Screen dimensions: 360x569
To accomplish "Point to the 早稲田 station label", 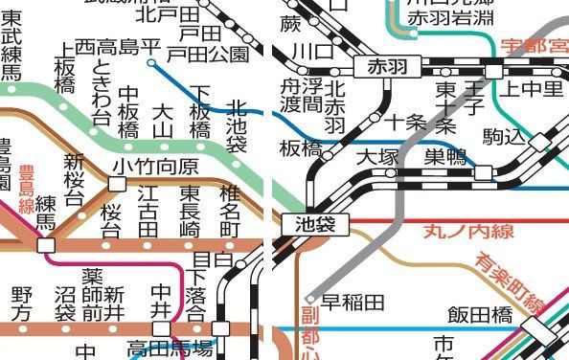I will pos(353,303).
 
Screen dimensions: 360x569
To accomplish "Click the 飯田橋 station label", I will pos(484,314).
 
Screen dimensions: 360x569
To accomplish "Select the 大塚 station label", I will pos(376,156).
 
